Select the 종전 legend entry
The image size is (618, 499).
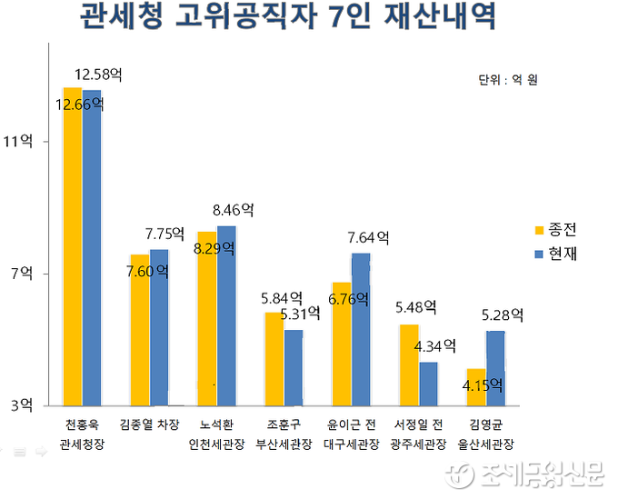tap(555, 229)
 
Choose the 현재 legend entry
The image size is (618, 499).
tap(555, 254)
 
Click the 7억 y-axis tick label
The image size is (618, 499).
tap(20, 273)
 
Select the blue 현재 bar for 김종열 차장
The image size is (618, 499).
tap(160, 326)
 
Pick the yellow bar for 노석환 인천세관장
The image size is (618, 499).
tap(207, 318)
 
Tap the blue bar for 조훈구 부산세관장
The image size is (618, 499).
tap(294, 367)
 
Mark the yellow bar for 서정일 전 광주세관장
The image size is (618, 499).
tap(408, 364)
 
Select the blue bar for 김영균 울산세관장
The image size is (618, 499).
tap(495, 367)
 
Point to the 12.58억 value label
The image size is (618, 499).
tap(98, 74)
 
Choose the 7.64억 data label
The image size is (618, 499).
tap(368, 237)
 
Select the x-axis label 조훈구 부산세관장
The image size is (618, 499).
tap(284, 434)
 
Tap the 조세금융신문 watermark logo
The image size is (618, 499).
tap(527, 474)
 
